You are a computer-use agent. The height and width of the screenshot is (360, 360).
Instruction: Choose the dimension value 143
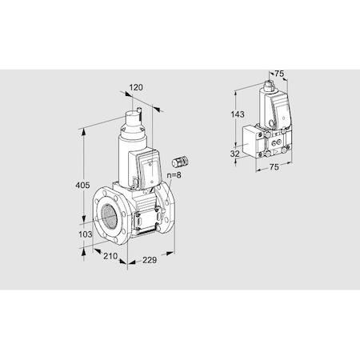point(237,115)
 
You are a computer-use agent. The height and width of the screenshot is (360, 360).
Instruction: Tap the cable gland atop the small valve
point(267,83)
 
